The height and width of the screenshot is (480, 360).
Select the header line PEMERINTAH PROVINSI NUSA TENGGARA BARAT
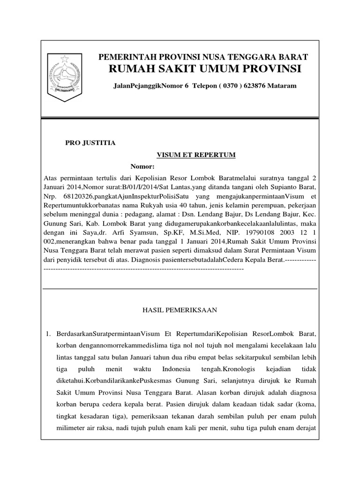[202, 57]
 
